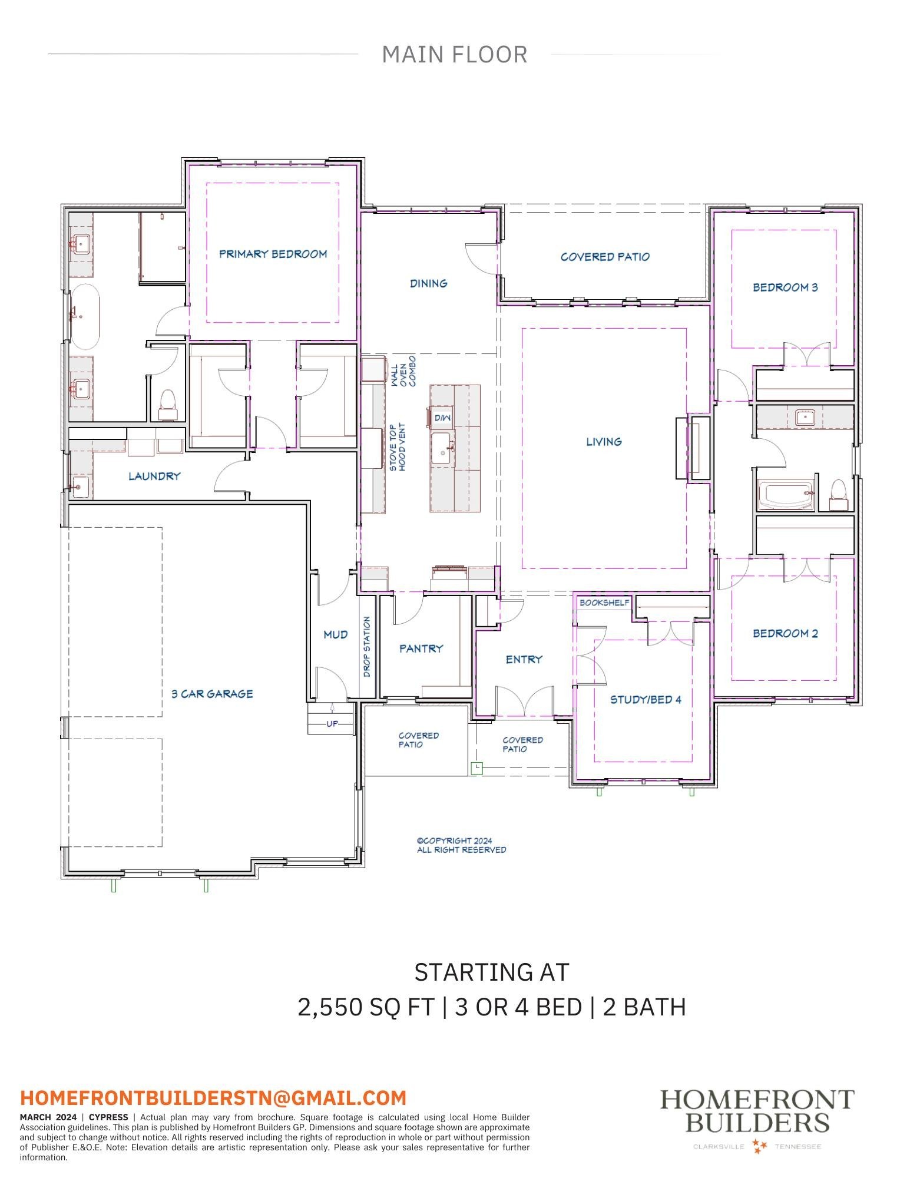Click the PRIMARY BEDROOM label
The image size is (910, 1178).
[x=273, y=254]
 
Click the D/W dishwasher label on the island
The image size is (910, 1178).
[x=442, y=418]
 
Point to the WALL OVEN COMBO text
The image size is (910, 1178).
[x=403, y=371]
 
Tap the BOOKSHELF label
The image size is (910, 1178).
[x=604, y=603]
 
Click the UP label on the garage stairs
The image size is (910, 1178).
[x=332, y=723]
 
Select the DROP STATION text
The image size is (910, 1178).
[x=367, y=647]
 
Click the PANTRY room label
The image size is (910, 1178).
[x=421, y=648]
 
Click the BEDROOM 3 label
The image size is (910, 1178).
[x=785, y=287]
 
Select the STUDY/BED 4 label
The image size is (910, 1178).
[x=646, y=700]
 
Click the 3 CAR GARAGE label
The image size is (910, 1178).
[x=212, y=694]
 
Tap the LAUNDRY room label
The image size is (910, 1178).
[x=154, y=476]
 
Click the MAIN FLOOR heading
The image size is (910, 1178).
[x=454, y=55]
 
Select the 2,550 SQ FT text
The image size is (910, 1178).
[x=366, y=1007]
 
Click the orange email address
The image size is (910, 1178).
[x=213, y=1098]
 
